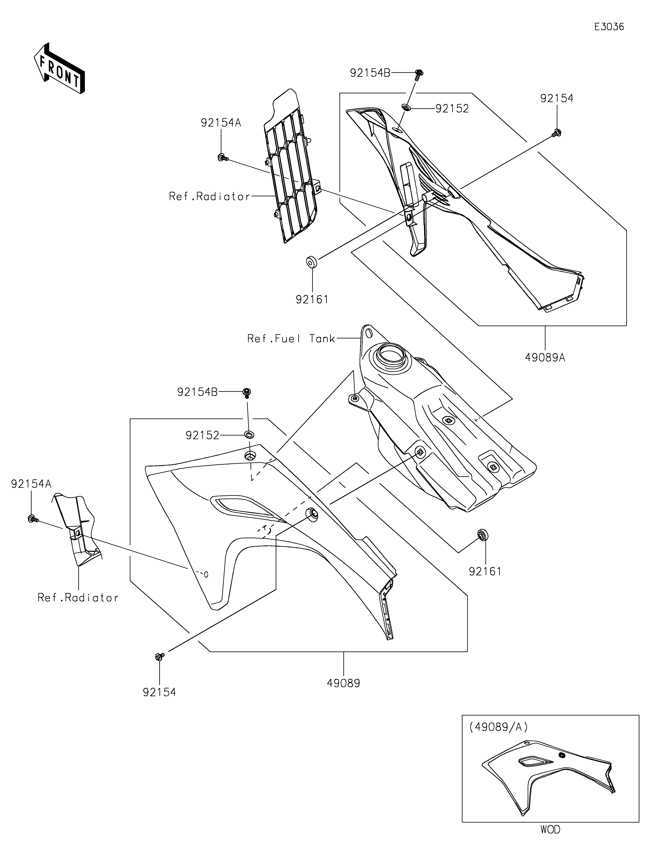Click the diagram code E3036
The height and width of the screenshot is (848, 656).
point(609,27)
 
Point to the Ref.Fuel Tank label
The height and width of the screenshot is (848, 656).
point(291,339)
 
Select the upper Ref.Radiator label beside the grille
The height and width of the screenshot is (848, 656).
point(210,197)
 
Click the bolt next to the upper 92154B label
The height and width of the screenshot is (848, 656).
point(419,74)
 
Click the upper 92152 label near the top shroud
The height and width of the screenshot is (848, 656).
point(452,109)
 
